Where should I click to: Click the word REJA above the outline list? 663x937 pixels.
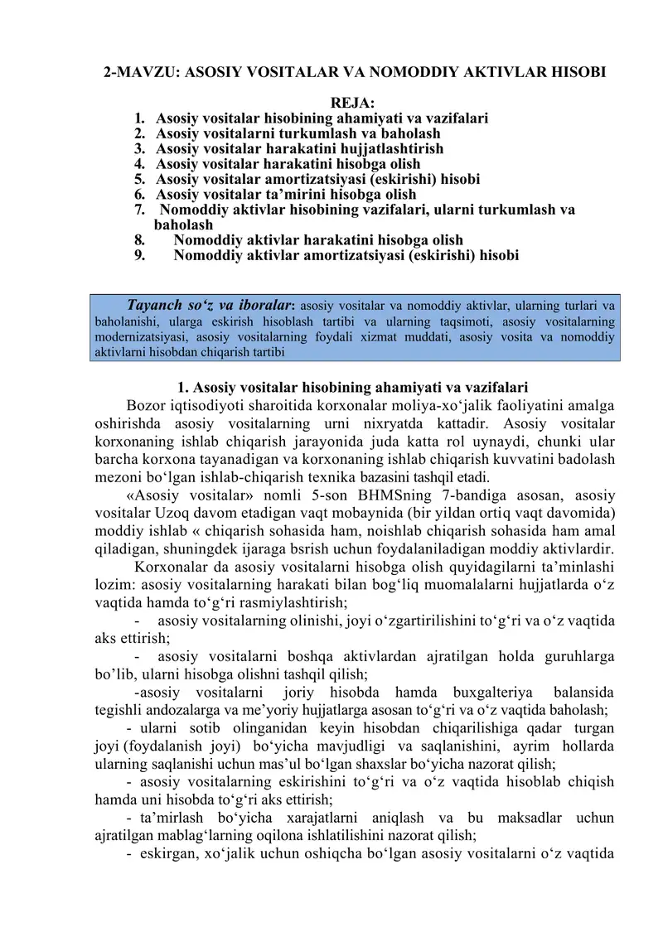click(x=352, y=103)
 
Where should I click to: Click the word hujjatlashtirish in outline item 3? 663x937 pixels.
click(x=387, y=149)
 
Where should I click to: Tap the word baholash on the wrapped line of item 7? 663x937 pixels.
click(x=183, y=225)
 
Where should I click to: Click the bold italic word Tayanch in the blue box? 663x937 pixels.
click(x=157, y=303)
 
